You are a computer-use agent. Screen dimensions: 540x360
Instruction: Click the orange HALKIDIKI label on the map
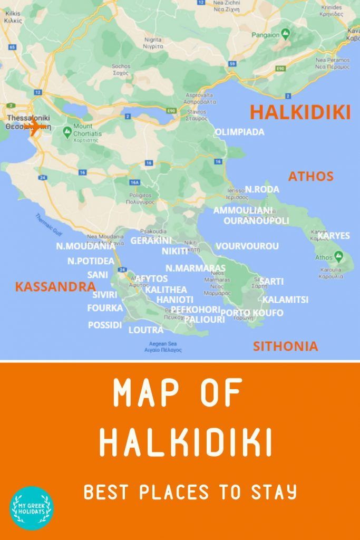tap(300, 112)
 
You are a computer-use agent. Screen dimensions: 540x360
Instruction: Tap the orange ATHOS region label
tap(310, 176)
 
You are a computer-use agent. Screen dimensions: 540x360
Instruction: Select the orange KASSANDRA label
tap(55, 287)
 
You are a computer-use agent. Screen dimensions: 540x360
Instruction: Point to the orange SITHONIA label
tap(285, 346)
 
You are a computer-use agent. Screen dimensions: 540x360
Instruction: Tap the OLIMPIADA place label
tap(240, 132)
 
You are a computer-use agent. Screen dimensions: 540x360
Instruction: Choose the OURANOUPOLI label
tap(256, 220)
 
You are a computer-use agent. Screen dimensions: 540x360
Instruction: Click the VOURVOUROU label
tap(247, 246)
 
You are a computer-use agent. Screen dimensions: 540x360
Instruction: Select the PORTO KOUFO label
tap(251, 313)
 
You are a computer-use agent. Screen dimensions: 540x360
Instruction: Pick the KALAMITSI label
tap(285, 300)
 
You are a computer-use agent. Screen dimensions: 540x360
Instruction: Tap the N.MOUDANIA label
tap(85, 246)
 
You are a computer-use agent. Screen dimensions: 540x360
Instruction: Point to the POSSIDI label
tap(105, 325)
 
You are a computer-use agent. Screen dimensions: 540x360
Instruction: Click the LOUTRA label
tap(146, 330)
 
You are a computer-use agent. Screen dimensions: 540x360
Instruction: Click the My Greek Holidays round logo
tap(32, 507)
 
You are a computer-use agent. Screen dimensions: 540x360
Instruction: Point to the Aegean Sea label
tap(166, 346)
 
